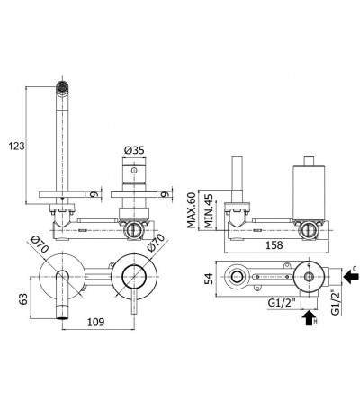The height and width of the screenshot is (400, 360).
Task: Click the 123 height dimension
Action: (16, 147)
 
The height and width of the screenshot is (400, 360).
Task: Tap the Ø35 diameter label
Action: (134, 150)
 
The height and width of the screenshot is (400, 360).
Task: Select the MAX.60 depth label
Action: (191, 210)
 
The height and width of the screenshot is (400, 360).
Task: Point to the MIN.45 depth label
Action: (209, 211)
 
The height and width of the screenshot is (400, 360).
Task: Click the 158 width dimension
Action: (274, 245)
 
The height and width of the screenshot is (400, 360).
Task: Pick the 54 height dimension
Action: (210, 279)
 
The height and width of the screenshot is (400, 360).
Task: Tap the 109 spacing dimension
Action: (95, 322)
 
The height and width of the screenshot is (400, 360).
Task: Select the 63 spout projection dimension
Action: (23, 298)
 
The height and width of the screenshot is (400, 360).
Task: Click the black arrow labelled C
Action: (351, 276)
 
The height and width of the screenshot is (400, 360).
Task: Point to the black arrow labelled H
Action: (310, 318)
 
